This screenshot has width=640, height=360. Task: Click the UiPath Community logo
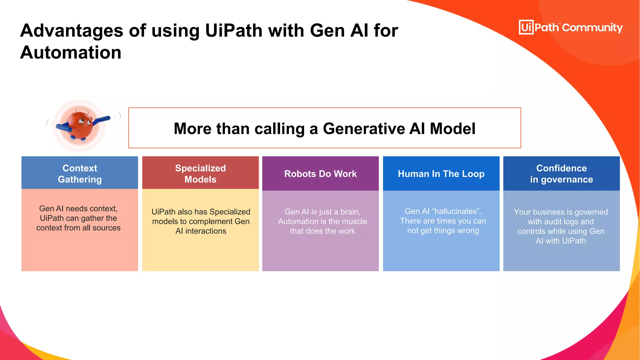tap(570, 27)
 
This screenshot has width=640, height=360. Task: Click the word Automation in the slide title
tap(71, 52)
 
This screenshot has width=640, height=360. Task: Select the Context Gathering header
tap(80, 173)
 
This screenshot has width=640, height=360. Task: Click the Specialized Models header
tap(200, 173)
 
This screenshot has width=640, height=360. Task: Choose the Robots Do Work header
tap(320, 174)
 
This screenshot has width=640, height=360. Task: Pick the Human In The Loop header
tap(441, 174)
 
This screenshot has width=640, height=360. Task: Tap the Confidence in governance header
tap(561, 173)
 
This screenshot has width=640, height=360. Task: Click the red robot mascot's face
tap(81, 123)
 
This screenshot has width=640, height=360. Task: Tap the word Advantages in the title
tap(72, 31)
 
